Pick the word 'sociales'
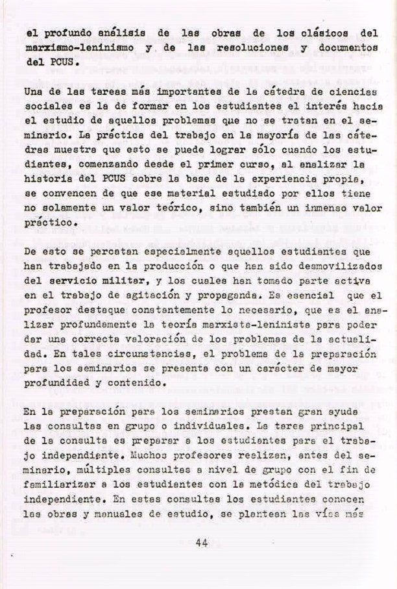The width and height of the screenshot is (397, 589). (x=45, y=110)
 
